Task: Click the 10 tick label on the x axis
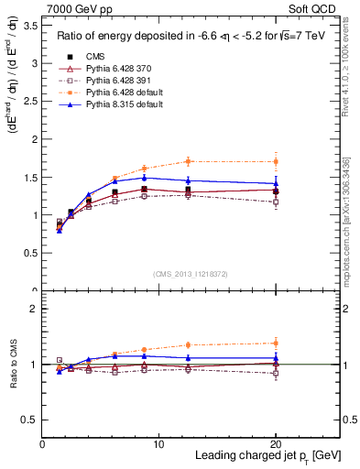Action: coord(158,442)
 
